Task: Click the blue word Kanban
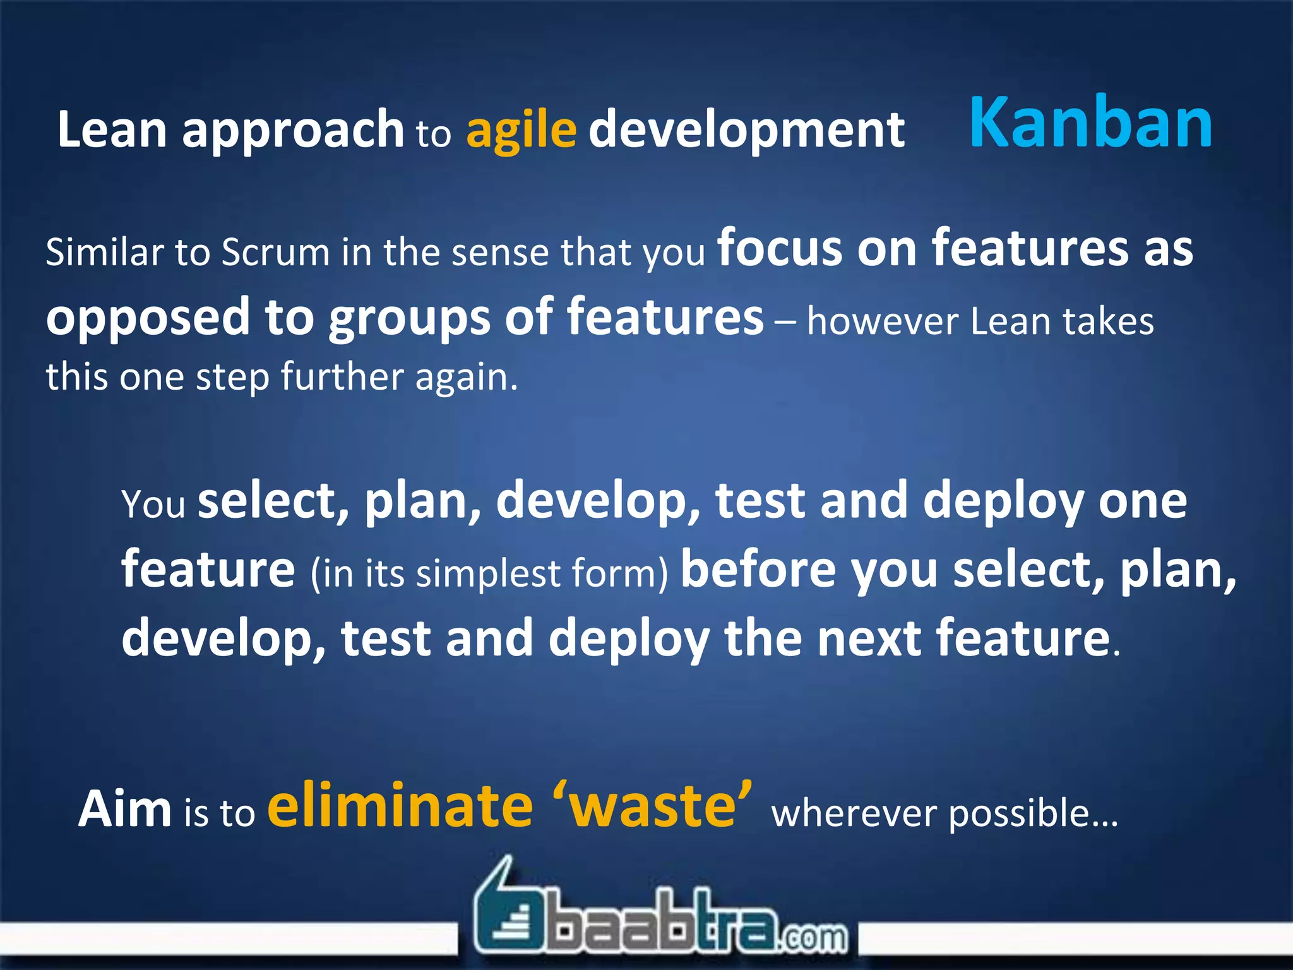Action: [x=1090, y=123]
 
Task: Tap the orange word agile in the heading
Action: [x=521, y=130]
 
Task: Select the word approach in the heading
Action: [x=293, y=130]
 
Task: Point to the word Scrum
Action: [x=275, y=252]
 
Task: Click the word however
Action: [x=882, y=321]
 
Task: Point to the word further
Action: [x=341, y=377]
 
